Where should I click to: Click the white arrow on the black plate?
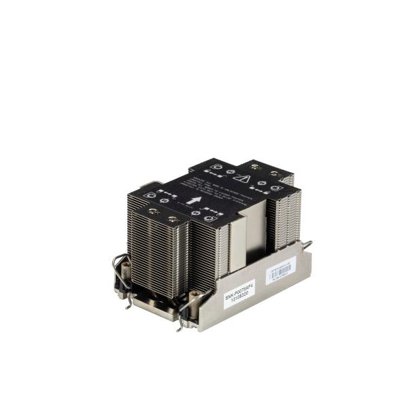coord(196,201)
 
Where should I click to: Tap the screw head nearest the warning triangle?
coord(254,167)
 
